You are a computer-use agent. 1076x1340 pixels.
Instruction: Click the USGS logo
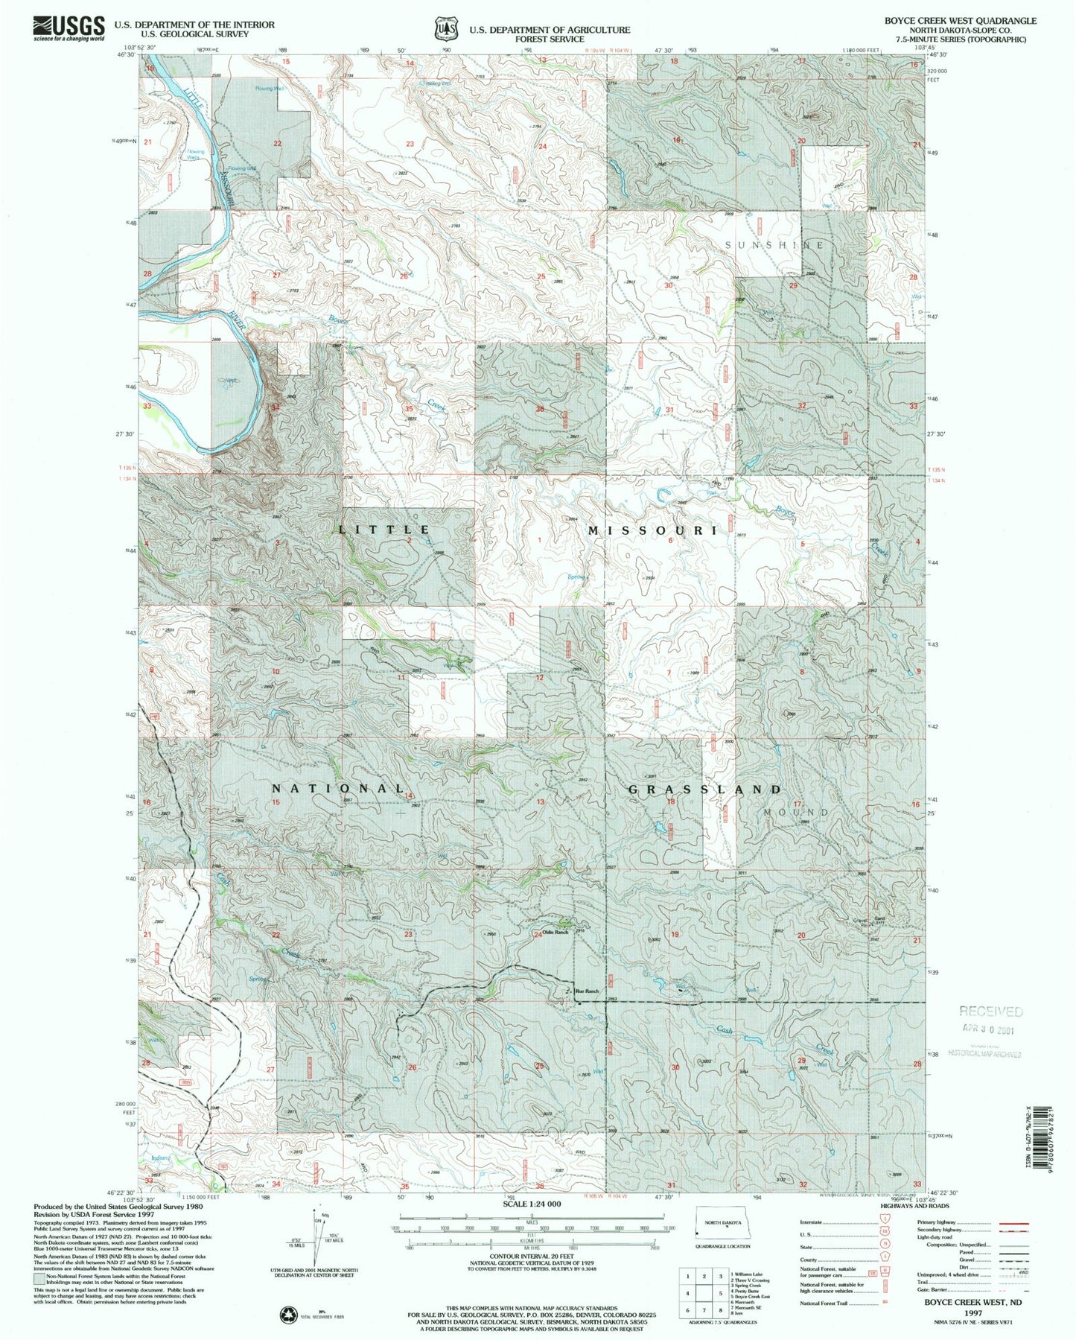tap(69, 28)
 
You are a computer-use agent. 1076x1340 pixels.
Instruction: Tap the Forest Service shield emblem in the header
tap(445, 29)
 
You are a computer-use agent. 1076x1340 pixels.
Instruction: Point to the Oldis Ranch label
tap(555, 933)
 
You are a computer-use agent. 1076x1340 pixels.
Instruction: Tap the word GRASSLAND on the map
tap(705, 789)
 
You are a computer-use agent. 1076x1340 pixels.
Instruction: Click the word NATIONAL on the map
tap(338, 788)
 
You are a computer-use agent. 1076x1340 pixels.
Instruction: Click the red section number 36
tap(539, 409)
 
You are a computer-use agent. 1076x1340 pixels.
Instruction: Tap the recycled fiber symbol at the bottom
tap(288, 1315)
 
